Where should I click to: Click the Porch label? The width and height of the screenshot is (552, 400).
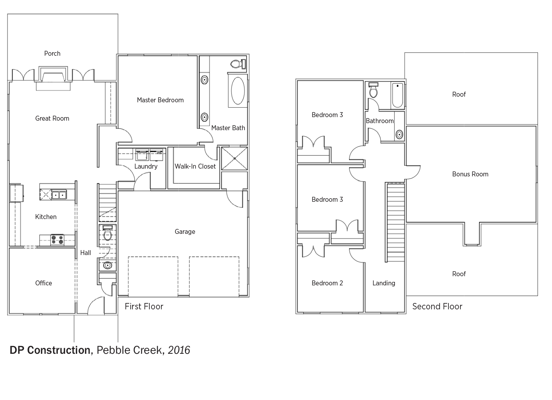point(52,54)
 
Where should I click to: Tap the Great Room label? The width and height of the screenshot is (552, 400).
point(52,119)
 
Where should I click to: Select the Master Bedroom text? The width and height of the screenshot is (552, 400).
point(160,100)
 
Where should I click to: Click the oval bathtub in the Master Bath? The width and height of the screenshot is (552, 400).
point(238,91)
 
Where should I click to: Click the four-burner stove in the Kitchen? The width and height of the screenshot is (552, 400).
point(57,240)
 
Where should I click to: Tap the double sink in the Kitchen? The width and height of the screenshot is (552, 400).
point(59,195)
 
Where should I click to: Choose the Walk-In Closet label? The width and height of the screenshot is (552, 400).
point(195,166)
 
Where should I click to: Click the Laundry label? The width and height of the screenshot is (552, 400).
point(146,166)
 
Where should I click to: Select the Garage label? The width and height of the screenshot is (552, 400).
point(185,231)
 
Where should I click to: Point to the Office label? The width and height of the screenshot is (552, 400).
point(44,283)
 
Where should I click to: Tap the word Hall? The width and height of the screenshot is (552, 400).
point(86,253)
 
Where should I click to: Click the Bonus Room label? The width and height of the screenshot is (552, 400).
point(470,174)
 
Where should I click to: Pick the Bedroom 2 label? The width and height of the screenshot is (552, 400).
point(327,283)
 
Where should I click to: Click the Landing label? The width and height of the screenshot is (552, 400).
point(384,283)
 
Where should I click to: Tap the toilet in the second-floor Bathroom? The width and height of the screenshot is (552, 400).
point(373,90)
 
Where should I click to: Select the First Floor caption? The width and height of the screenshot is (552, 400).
point(144,307)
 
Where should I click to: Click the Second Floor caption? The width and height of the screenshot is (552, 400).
point(438,307)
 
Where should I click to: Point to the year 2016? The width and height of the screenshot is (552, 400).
point(179,350)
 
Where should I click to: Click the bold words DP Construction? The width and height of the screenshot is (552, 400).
point(50,350)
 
